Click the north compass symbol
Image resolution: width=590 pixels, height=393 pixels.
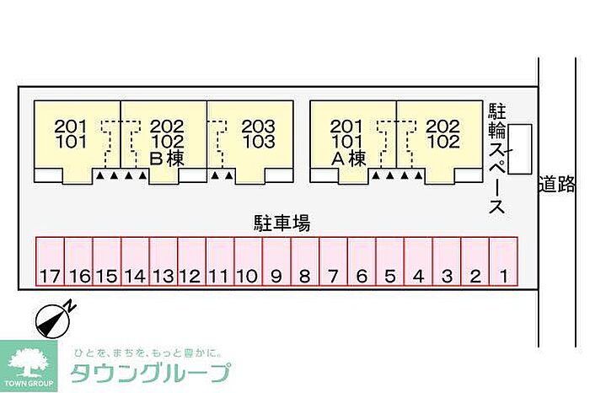pyautogui.click(x=52, y=318)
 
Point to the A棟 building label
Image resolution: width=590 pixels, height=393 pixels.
pyautogui.click(x=347, y=158)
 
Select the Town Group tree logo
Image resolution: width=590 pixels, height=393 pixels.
pyautogui.click(x=29, y=363)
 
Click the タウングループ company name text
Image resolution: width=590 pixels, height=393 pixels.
pyautogui.click(x=151, y=372)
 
